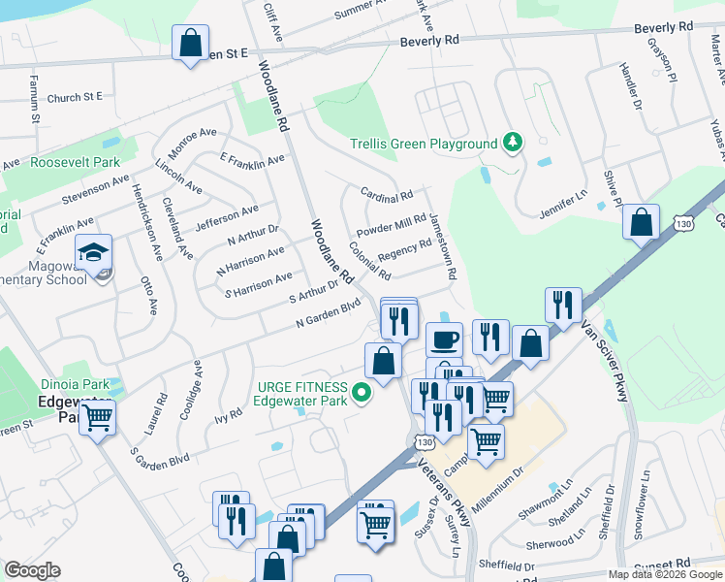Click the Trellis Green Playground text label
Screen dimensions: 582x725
pos(424,144)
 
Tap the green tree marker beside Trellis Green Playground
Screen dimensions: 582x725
pos(512,144)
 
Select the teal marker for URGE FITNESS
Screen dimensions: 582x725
pos(362,393)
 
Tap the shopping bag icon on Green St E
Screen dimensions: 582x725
pos(190,43)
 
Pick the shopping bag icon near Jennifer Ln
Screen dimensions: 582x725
pos(641,222)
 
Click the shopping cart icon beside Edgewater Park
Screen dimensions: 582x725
pos(97,418)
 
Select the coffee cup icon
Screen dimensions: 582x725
pos(444,339)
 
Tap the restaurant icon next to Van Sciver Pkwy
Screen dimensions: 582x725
pos(563,306)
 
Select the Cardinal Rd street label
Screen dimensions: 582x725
pos(386,196)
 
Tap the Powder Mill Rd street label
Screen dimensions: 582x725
pos(392,226)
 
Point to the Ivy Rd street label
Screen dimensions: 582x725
pos(229,416)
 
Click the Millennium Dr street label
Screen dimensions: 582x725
pos(502,482)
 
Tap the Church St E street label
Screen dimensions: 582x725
pos(75,97)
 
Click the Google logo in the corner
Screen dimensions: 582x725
pos(32,570)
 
